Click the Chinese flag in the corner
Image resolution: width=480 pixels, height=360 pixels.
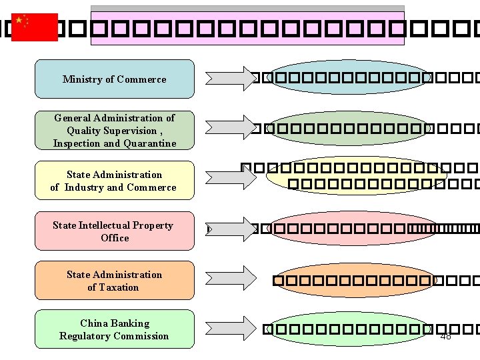point(35,27)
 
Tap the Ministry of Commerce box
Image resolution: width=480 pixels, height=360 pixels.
point(114,79)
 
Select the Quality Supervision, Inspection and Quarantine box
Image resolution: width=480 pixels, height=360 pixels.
point(114,130)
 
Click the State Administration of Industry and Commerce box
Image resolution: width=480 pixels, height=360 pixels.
point(114,181)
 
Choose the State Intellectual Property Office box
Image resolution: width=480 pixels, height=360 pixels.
point(114,231)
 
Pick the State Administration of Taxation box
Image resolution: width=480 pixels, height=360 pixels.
point(114,281)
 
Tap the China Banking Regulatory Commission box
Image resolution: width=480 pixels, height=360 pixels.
point(114,329)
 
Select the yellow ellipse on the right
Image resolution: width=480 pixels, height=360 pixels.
point(356,175)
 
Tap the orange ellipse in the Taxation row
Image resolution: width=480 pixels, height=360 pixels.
point(354,280)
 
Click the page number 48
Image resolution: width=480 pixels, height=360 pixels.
point(446,336)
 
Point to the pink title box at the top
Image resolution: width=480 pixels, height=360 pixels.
point(247,28)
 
